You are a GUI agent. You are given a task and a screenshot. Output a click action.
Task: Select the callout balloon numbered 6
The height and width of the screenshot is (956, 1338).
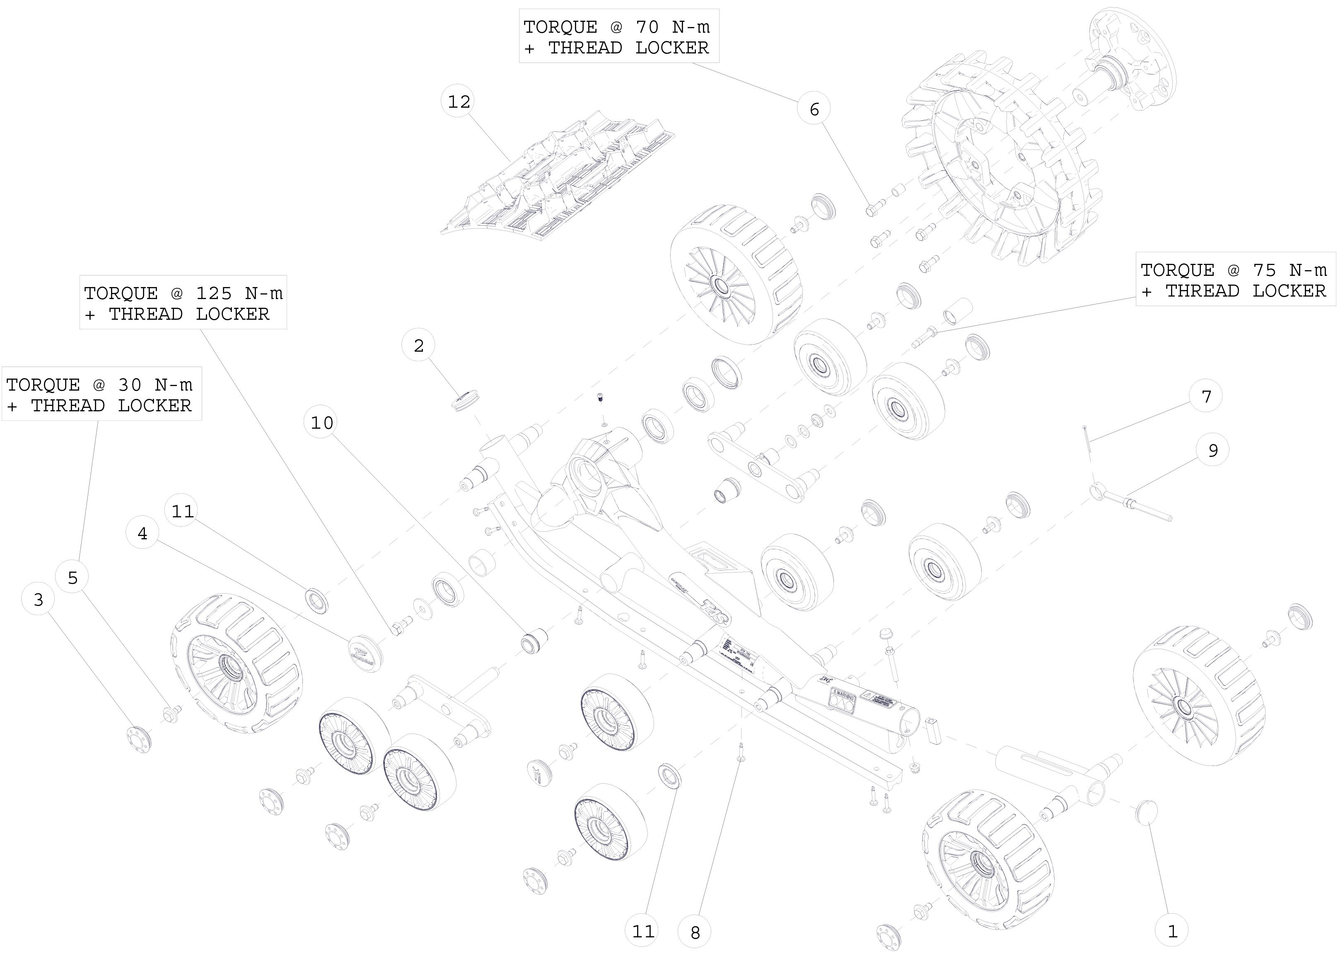pos(814,109)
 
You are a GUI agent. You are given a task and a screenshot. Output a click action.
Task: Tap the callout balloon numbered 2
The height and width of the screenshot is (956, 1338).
pos(418,345)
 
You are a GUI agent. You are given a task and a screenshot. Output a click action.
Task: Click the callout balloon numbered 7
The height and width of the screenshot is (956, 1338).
pos(1205,396)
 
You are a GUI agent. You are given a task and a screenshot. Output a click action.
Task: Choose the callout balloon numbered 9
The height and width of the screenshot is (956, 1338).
pos(1212,450)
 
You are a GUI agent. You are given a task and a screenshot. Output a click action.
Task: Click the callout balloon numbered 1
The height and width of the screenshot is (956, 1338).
pos(1171,931)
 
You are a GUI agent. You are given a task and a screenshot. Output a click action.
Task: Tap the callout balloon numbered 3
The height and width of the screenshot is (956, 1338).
pos(38,600)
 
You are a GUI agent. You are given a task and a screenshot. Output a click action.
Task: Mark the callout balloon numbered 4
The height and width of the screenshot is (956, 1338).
pos(142,534)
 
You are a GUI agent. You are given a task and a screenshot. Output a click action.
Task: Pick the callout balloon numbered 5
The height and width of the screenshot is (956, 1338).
pos(72,577)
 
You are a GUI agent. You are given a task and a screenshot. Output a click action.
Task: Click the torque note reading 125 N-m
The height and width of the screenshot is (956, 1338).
pos(183,302)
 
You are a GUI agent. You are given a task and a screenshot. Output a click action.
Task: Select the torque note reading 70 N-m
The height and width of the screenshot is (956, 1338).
pos(618,36)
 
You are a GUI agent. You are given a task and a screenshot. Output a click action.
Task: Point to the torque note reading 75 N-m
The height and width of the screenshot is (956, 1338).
pos(1234,280)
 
